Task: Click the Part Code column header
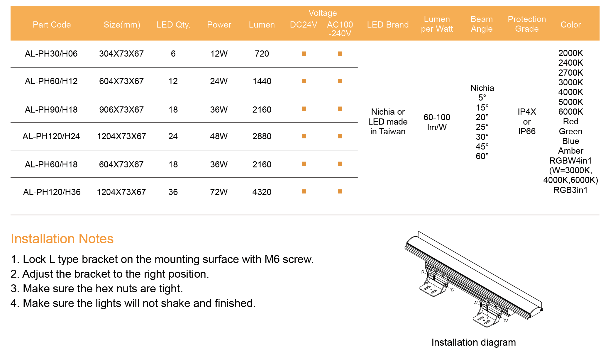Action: (52, 25)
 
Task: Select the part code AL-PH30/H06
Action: (51, 54)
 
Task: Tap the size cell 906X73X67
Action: (121, 110)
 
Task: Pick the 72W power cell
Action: (219, 192)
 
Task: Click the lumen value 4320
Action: (262, 192)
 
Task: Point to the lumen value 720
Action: (262, 54)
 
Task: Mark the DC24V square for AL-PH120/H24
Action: (304, 136)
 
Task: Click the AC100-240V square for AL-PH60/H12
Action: (340, 81)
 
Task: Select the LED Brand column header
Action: (388, 25)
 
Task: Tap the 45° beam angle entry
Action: (482, 146)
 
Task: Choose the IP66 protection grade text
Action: (527, 131)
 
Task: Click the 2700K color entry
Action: (571, 73)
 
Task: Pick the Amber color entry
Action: (571, 151)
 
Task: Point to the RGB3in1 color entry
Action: (571, 190)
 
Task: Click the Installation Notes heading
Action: (62, 239)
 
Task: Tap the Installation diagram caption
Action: (474, 342)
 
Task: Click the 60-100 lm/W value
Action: (437, 122)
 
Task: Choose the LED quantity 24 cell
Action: (173, 136)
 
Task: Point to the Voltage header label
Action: (323, 13)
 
